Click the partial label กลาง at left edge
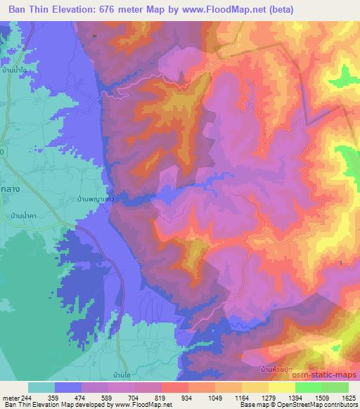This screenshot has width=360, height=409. (x=9, y=180)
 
